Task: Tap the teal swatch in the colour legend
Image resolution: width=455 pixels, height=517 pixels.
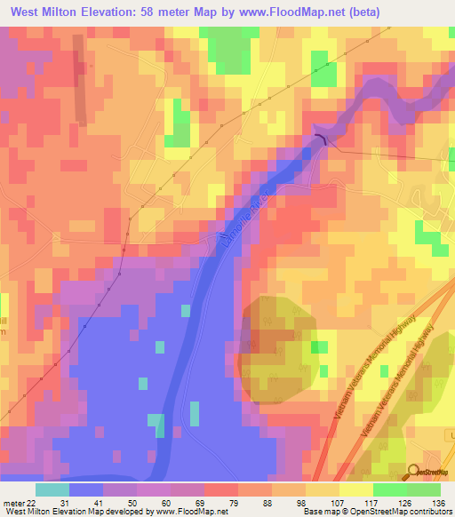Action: tap(52, 490)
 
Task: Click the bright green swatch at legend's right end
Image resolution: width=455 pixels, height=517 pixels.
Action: tap(424, 490)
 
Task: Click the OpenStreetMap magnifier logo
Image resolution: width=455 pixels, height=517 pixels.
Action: tap(414, 471)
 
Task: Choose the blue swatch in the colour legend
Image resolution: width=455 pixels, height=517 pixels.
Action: tap(86, 490)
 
